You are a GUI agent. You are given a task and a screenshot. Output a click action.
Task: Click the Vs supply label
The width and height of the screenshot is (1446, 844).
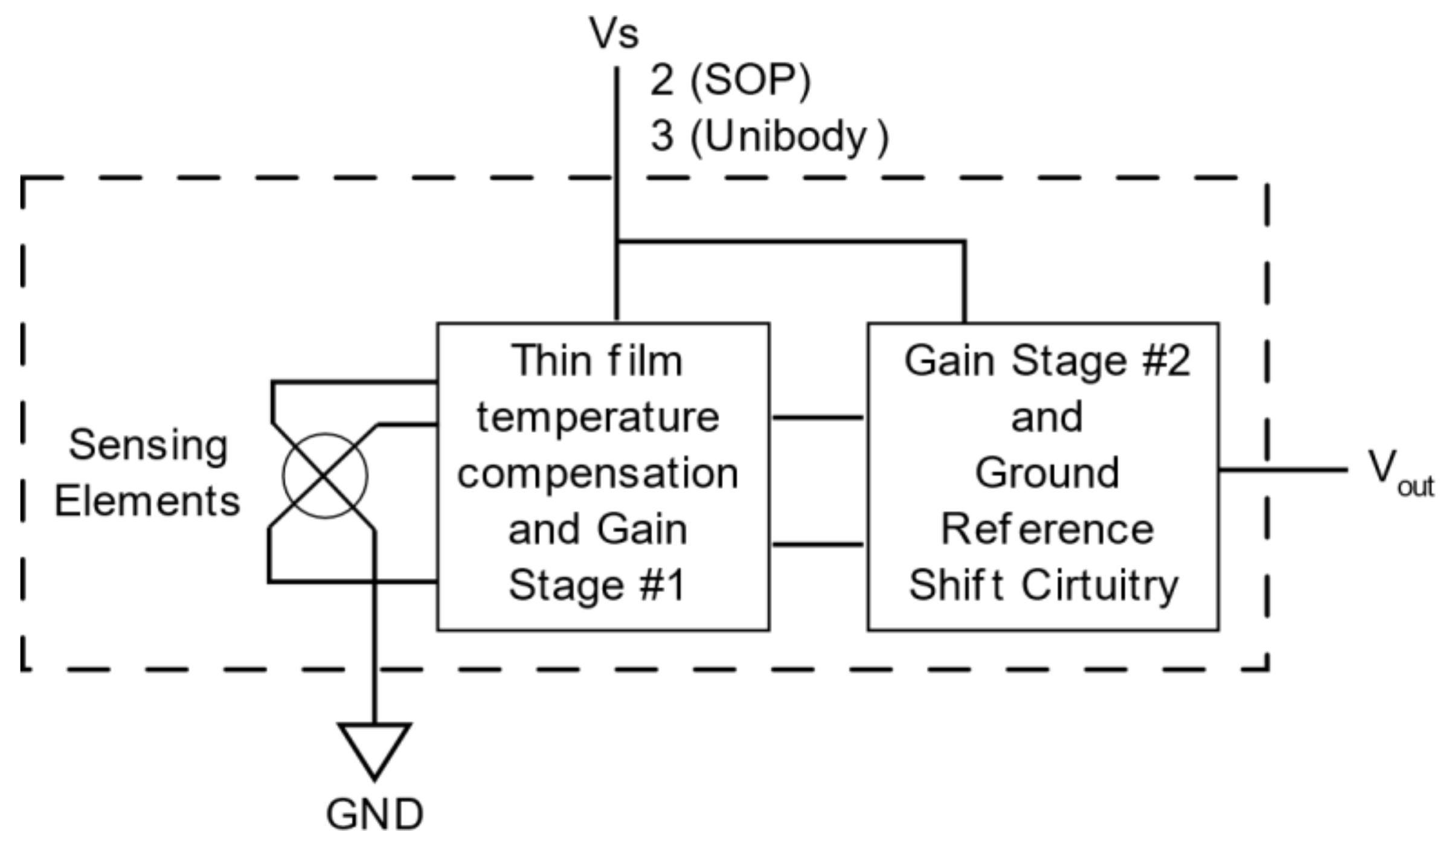(614, 34)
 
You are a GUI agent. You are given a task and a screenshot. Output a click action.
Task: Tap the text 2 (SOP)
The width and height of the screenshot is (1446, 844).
(730, 80)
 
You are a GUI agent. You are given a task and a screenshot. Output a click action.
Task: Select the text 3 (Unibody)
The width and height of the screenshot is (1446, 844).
(769, 137)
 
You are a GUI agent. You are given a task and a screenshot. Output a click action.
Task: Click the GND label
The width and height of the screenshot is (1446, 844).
(374, 814)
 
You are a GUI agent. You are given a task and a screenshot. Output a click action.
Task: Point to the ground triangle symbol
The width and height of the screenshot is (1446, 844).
(374, 746)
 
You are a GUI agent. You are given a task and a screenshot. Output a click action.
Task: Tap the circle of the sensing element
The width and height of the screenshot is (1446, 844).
(325, 476)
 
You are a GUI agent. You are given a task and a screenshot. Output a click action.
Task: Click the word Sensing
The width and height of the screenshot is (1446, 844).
(149, 446)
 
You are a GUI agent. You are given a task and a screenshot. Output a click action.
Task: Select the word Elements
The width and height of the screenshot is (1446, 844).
(147, 501)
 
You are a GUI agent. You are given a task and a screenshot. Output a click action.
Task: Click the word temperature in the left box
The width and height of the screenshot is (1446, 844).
(598, 417)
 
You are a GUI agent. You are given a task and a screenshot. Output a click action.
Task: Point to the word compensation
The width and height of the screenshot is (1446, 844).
(598, 474)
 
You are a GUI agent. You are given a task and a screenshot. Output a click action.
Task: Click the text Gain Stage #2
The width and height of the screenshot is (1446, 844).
(1047, 362)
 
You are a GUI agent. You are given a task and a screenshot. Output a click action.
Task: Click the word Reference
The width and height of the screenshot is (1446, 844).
(1047, 529)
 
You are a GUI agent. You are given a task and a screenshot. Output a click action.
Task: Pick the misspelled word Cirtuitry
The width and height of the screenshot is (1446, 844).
(1099, 585)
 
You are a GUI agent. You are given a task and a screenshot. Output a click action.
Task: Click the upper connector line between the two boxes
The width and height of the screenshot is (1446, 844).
(818, 417)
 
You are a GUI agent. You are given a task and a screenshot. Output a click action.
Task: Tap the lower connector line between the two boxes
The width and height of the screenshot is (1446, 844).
(818, 545)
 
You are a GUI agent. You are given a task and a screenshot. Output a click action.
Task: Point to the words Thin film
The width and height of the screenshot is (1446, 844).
(597, 362)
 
